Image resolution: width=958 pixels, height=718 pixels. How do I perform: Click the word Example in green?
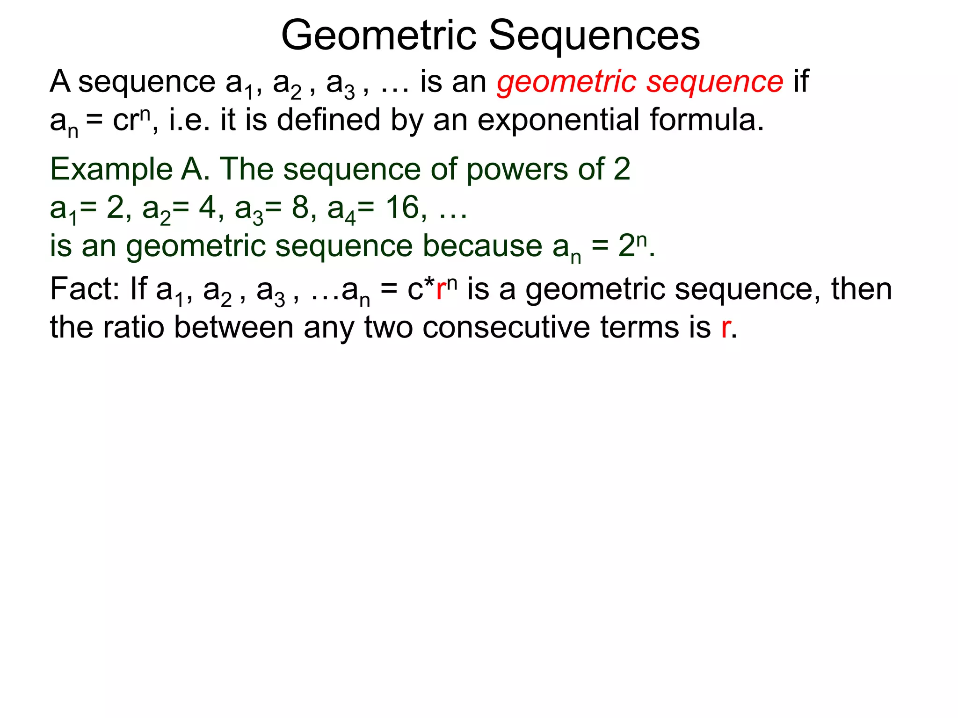[111, 169]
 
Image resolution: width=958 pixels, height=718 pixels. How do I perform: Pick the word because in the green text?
[482, 246]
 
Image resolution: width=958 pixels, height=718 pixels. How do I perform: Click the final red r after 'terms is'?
[726, 328]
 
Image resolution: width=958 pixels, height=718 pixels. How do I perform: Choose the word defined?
[328, 120]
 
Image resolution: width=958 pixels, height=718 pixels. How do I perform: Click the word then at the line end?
[862, 289]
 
